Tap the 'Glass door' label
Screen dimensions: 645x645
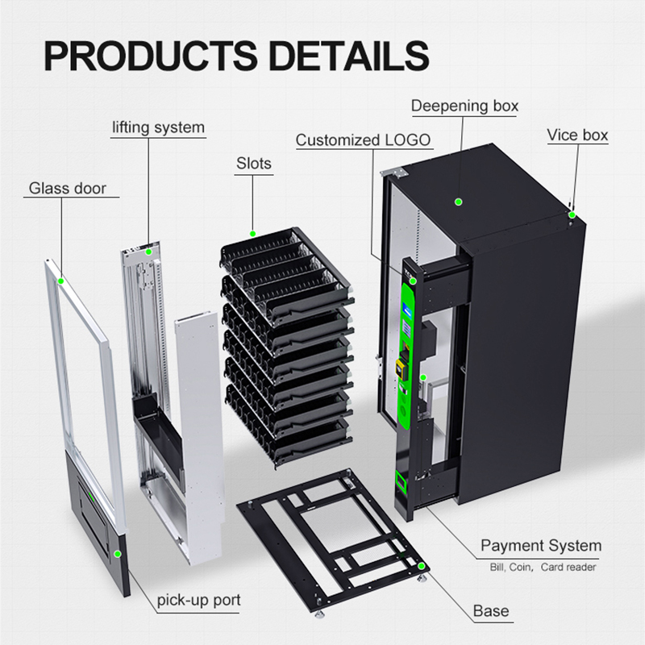pyautogui.click(x=68, y=189)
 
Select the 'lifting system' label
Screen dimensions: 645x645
pyautogui.click(x=158, y=127)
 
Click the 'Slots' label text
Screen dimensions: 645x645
pyautogui.click(x=253, y=164)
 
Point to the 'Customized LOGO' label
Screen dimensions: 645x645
pyautogui.click(x=364, y=140)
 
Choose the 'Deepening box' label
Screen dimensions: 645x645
pyautogui.click(x=464, y=106)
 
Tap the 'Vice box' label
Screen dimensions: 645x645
pyautogui.click(x=577, y=135)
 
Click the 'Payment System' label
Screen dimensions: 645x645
pyautogui.click(x=541, y=546)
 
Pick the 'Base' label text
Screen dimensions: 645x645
pyautogui.click(x=491, y=610)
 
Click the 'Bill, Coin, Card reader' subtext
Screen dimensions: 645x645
pyautogui.click(x=543, y=568)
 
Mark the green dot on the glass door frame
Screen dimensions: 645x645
pyautogui.click(x=62, y=281)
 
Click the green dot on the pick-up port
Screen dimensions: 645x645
pyautogui.click(x=118, y=554)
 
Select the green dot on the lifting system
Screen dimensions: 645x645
pyautogui.click(x=148, y=251)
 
